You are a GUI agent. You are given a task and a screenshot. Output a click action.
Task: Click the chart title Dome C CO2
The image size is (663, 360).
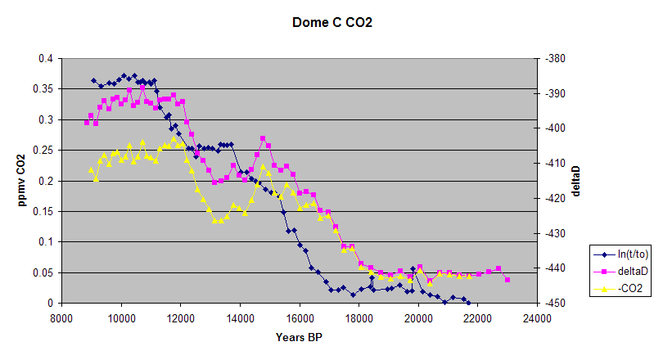(331, 23)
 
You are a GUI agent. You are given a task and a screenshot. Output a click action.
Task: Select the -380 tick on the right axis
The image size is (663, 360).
(553, 59)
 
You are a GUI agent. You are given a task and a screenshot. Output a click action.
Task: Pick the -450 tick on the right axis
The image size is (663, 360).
(553, 303)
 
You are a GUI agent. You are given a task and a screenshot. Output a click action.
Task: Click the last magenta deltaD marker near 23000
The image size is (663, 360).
(507, 280)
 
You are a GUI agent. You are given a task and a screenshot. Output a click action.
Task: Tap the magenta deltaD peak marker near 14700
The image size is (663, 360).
(263, 139)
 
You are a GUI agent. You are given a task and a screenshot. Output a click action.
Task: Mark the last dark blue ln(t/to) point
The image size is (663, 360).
(468, 302)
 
